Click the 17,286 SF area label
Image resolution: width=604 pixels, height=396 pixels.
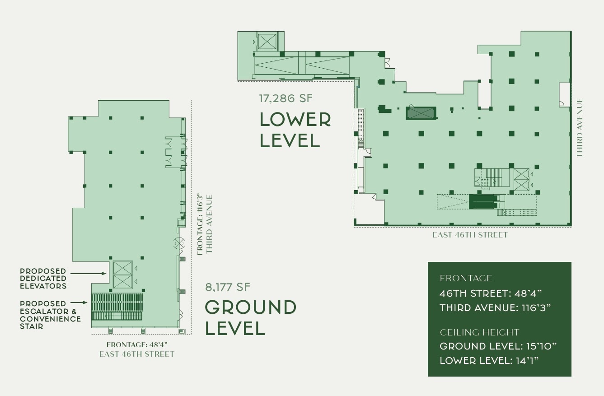click(x=286, y=98)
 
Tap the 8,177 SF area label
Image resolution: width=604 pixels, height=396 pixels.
click(x=228, y=287)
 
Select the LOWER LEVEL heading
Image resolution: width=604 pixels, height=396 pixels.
click(x=295, y=130)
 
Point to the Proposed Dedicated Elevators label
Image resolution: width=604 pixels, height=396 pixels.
click(x=43, y=278)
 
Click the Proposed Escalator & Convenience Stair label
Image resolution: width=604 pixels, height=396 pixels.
click(x=50, y=315)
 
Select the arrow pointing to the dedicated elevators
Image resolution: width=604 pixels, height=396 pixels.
click(x=89, y=273)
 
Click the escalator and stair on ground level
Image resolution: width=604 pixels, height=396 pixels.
click(x=117, y=307)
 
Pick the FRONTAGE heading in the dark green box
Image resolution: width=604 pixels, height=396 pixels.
click(x=466, y=278)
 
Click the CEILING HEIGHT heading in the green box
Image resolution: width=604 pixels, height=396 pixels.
click(x=479, y=332)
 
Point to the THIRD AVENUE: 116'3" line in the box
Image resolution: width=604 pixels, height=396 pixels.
click(x=495, y=308)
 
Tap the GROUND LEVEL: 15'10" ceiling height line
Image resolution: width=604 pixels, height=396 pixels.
click(x=498, y=346)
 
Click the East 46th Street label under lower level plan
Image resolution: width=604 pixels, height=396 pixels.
click(x=470, y=235)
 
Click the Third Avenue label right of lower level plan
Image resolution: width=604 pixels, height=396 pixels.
click(x=580, y=128)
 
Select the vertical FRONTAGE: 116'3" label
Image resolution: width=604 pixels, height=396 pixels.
click(x=200, y=224)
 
